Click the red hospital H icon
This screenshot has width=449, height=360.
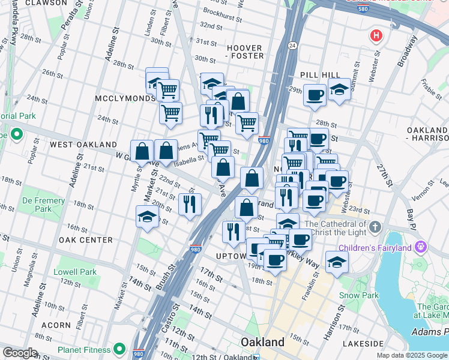click(x=376, y=35)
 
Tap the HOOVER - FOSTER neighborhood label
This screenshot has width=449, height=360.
click(x=244, y=52)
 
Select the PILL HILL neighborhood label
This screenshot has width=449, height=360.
click(x=321, y=74)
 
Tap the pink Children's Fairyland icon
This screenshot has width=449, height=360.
click(x=420, y=247)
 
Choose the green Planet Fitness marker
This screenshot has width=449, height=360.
click(x=119, y=349)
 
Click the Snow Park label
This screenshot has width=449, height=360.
click(x=359, y=295)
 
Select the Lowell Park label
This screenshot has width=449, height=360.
click(x=75, y=272)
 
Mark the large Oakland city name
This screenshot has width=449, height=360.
click(x=262, y=342)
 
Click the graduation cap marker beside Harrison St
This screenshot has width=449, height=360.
click(x=337, y=262)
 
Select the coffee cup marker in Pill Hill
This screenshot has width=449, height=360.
click(x=315, y=95)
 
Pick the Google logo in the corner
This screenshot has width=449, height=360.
click(x=20, y=353)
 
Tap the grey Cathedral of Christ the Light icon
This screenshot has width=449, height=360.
click(x=375, y=227)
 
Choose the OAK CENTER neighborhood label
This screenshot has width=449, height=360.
click(x=86, y=240)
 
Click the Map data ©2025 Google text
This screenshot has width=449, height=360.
click(x=411, y=355)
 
